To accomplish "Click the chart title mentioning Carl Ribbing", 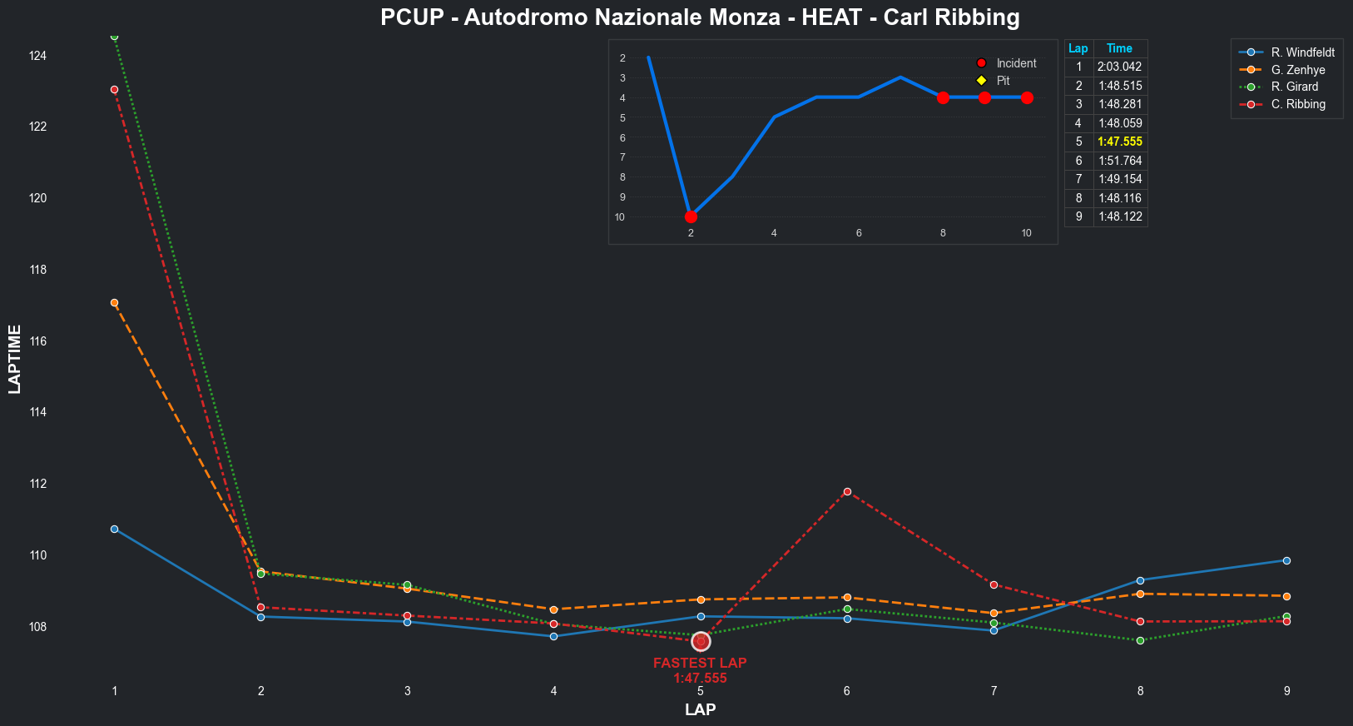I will coord(700,17).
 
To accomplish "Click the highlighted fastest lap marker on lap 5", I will coord(701,641).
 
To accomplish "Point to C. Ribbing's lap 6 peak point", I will coord(847,491).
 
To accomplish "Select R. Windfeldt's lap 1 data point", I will coord(114,529).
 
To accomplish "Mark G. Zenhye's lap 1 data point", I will coord(114,302).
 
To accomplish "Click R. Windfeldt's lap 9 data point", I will coord(1286,560).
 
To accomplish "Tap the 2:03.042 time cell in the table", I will coord(1119,67).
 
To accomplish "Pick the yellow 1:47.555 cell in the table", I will coord(1119,142).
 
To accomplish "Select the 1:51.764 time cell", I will coord(1119,161).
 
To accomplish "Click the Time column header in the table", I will coord(1119,48).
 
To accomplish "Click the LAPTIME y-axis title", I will coord(14,359).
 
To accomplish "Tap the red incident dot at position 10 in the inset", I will coord(691,216).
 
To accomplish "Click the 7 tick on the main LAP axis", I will coord(994,691).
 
